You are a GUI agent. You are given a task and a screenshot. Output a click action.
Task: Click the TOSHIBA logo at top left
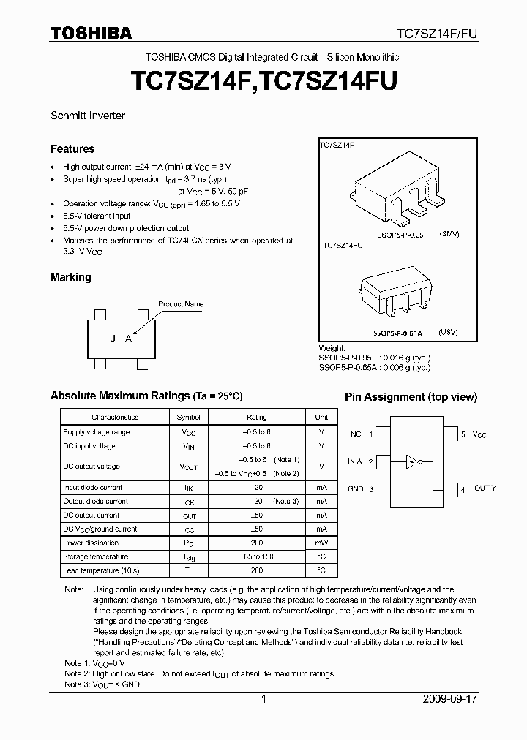pos(91,33)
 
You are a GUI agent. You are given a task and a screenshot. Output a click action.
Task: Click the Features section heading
pos(72,149)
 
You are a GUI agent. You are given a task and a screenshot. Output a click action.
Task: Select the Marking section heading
pos(71,278)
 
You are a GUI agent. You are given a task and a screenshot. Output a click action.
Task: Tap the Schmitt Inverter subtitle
pos(88,116)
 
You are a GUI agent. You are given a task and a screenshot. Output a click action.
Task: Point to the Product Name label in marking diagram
pos(181,304)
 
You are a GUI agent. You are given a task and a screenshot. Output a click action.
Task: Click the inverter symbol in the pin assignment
pos(415,461)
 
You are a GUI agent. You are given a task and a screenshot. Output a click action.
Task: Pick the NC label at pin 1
pos(356,434)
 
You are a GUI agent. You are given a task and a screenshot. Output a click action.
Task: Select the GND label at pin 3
pos(356,488)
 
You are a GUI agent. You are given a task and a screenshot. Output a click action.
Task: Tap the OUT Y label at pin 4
pos(485,488)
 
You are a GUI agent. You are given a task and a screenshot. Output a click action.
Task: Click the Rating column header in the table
pos(256,418)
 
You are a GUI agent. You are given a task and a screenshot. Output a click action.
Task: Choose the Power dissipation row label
pos(91,543)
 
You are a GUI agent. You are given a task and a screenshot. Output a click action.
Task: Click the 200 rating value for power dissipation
pos(256,543)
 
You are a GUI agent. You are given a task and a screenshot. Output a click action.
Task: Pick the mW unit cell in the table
pos(321,543)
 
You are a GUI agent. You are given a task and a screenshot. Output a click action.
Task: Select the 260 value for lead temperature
pos(256,570)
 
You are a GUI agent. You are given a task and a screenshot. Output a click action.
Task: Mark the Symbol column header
pos(184,418)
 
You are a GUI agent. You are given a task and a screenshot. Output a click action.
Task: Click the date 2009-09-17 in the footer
pos(449,699)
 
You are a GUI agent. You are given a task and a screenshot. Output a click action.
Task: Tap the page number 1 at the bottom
pos(263,699)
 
